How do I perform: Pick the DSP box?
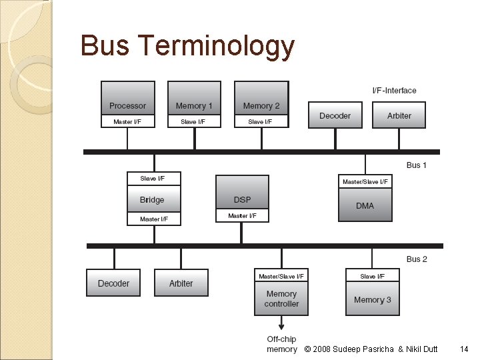243,199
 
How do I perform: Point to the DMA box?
365,205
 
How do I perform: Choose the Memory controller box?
281,299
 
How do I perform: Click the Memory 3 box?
373,299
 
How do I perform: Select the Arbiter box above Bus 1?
399,115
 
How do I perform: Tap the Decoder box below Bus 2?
113,283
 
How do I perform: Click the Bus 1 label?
417,165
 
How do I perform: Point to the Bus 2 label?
417,259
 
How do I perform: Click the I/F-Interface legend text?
394,91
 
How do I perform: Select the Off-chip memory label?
281,344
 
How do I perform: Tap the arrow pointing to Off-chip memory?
281,323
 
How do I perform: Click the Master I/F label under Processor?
127,122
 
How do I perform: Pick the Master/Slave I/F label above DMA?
365,181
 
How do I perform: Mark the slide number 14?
464,349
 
